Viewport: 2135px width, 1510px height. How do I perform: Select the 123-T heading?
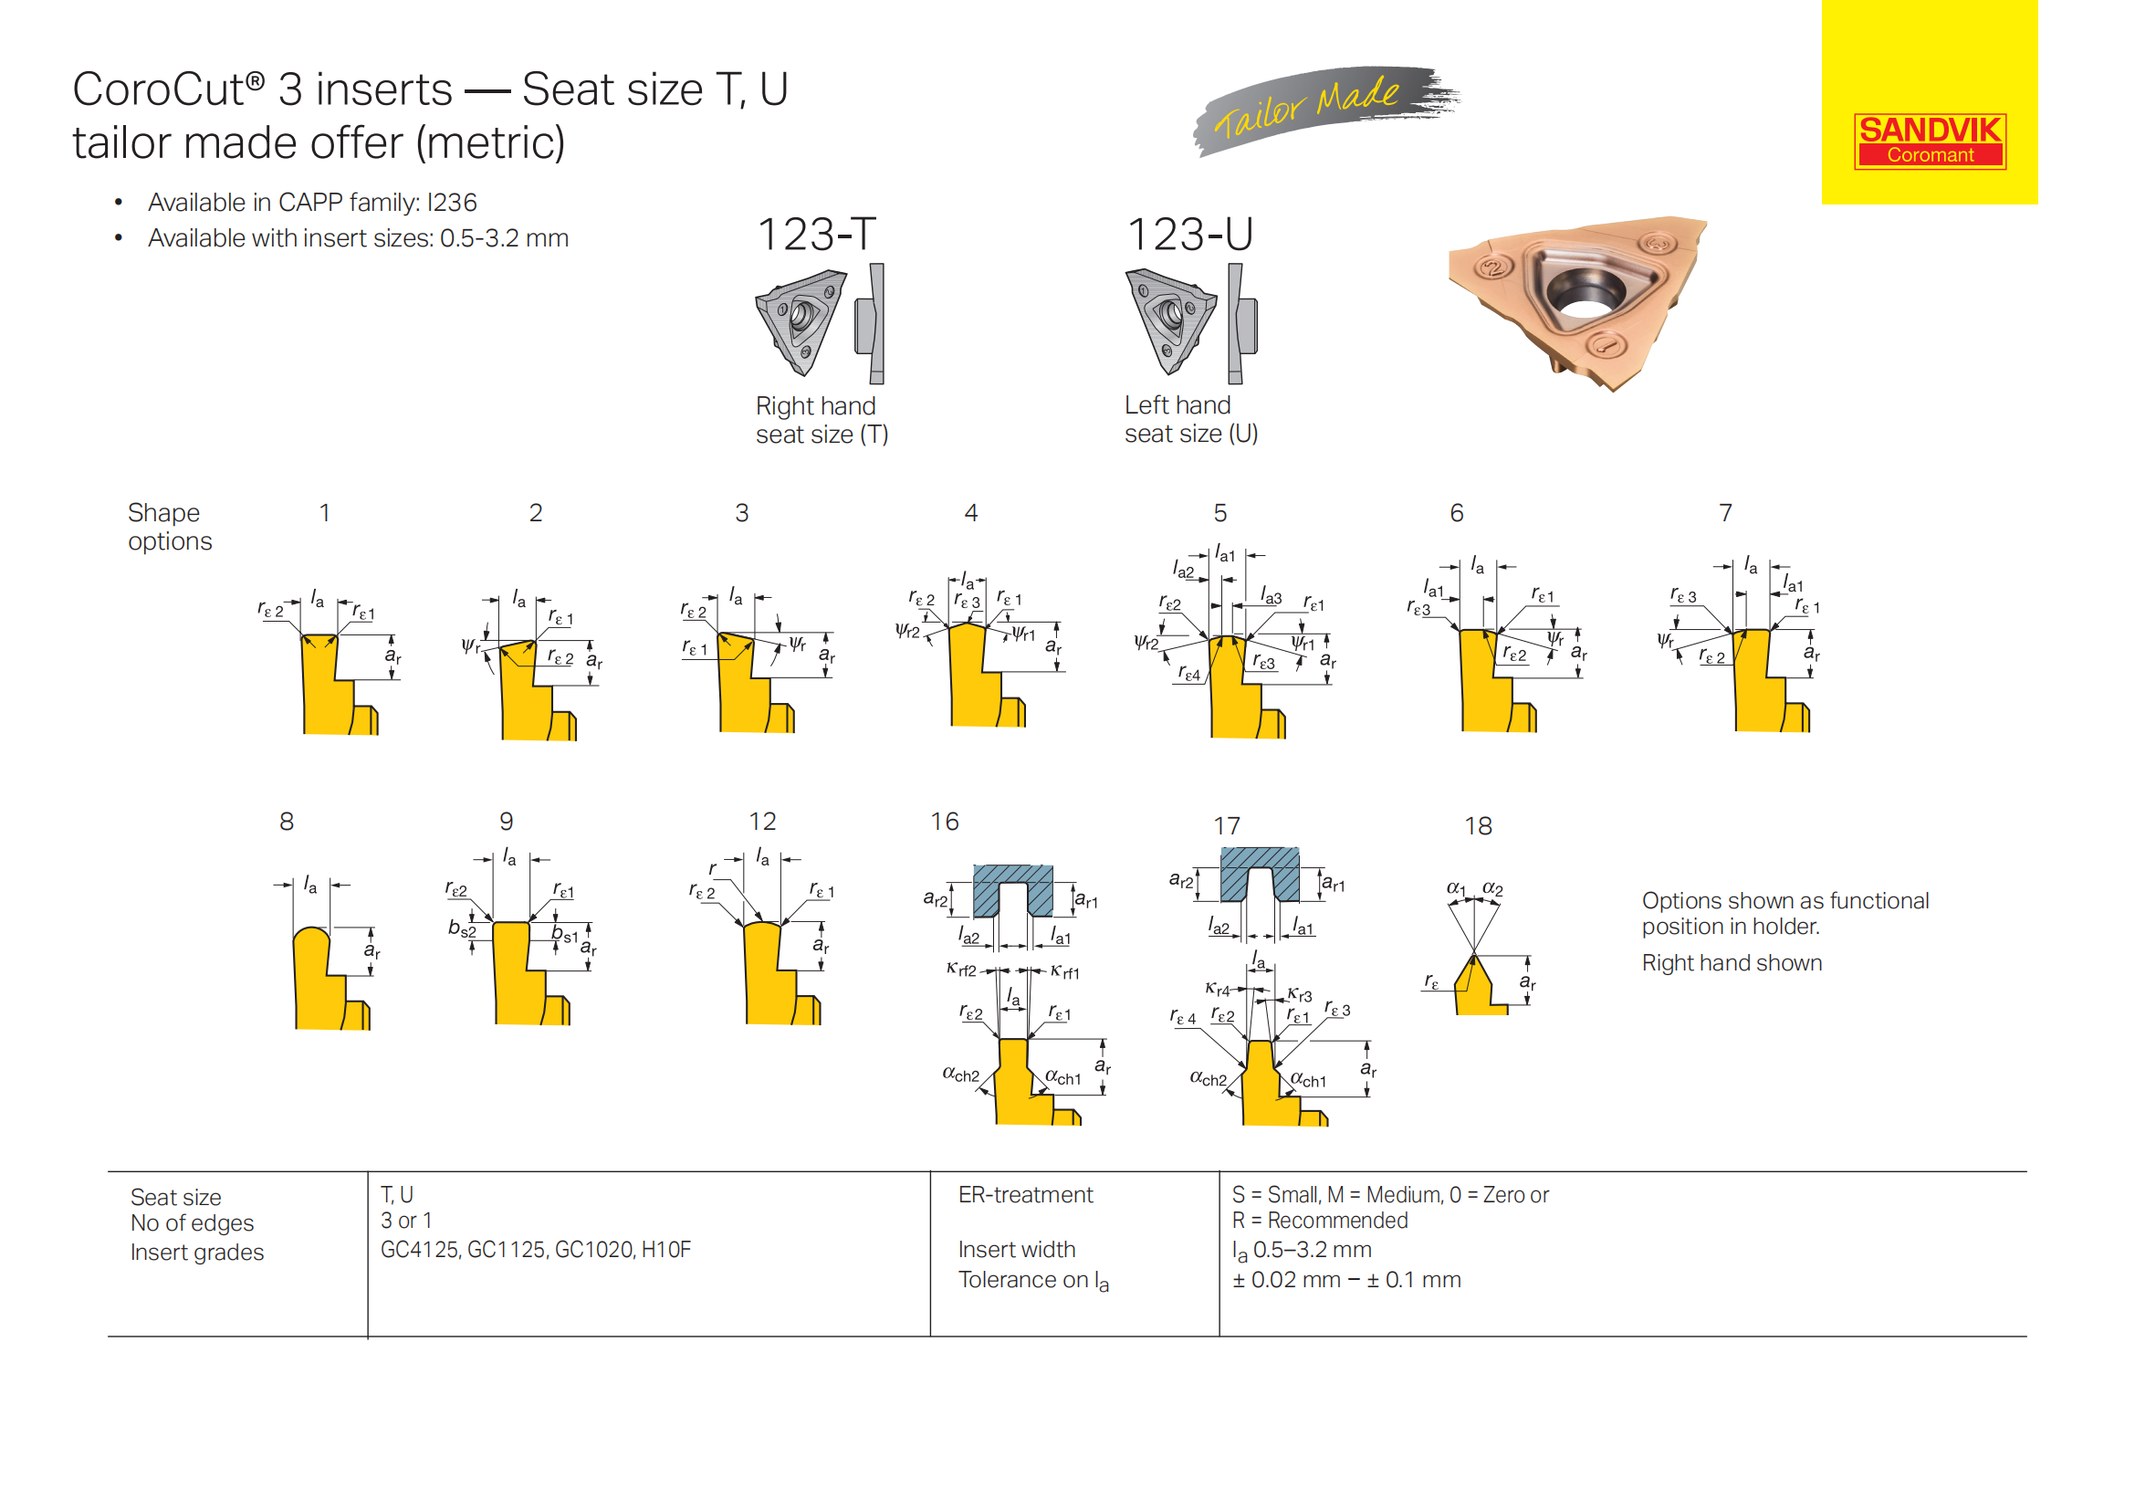point(815,235)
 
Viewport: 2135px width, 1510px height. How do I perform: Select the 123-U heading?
point(1189,235)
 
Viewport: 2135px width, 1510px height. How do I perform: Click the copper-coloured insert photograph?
point(1581,298)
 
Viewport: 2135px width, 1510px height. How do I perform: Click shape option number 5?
point(1219,513)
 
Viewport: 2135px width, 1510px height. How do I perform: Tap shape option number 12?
point(761,822)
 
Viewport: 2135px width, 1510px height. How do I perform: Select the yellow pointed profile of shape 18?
point(1475,990)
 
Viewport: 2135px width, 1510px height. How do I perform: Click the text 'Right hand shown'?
point(1731,963)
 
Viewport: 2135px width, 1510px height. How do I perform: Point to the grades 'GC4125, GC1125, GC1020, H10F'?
point(535,1250)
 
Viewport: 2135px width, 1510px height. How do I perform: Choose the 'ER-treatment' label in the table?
point(1025,1195)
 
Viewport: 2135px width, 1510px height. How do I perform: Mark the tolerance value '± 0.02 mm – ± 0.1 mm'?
point(1345,1280)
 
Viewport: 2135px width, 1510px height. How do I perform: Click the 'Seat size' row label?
point(176,1198)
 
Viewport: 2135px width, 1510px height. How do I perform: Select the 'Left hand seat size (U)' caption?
point(1190,419)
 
